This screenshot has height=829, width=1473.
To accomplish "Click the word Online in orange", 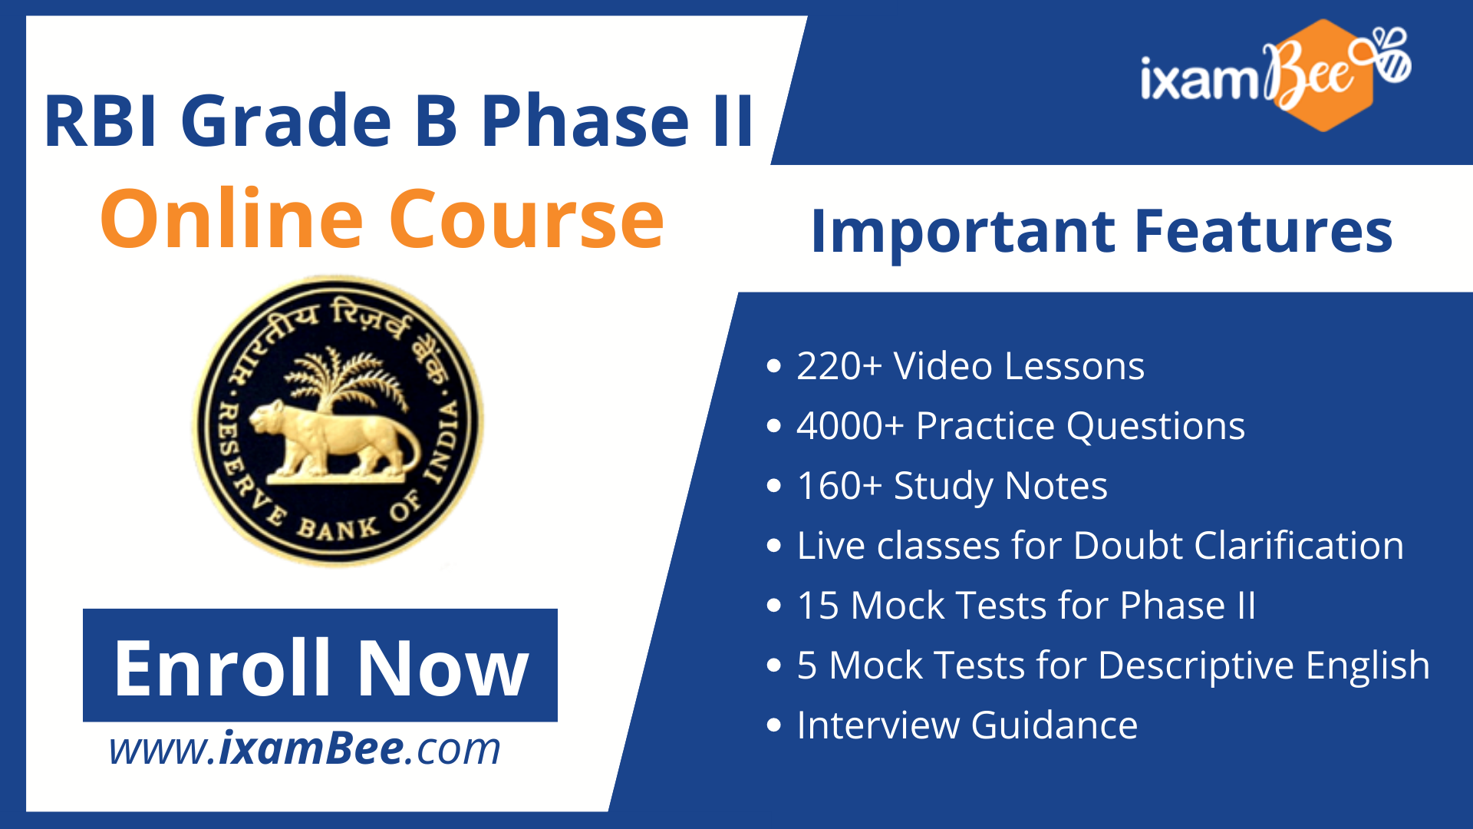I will pos(231,220).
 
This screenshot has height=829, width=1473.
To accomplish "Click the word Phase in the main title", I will pos(585,121).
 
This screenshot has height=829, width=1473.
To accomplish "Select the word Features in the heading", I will pos(1263,232).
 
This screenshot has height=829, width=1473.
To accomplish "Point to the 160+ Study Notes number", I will pos(839,486).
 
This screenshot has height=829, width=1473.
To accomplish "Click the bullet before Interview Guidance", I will pos(774,725).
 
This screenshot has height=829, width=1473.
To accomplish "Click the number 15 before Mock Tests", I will pos(818,606).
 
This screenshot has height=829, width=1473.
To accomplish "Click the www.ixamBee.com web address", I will pos(305,749).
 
